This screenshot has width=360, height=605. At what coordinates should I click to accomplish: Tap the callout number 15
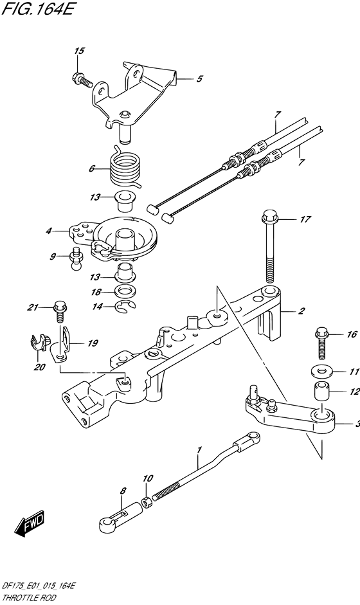(78, 51)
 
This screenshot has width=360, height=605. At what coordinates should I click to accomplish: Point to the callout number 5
(199, 79)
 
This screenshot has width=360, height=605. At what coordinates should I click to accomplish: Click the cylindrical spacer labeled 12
(321, 391)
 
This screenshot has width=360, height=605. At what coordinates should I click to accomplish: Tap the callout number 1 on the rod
(199, 460)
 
